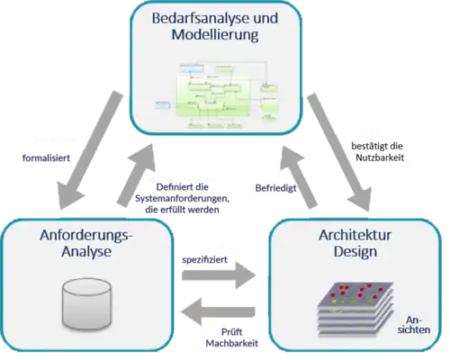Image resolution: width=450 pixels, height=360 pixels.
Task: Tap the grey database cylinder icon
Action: pos(85,301)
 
